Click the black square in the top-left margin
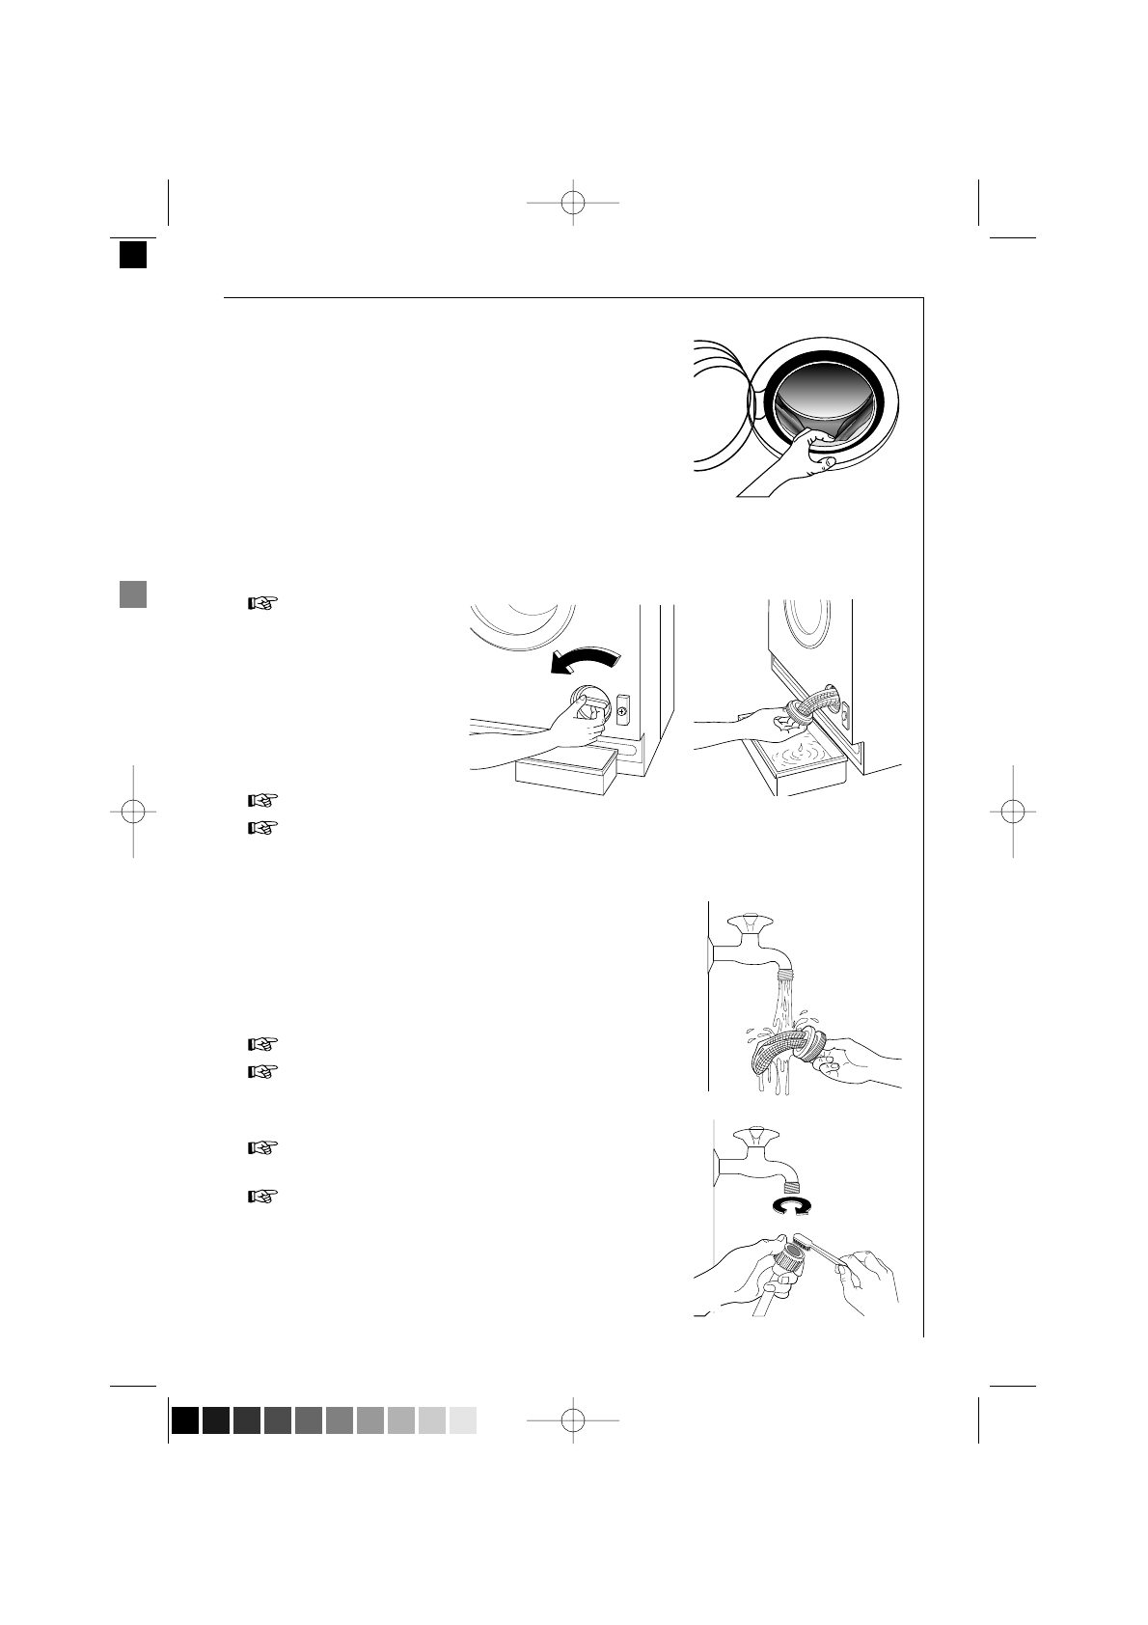[133, 254]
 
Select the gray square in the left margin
[133, 594]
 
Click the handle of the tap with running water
[749, 923]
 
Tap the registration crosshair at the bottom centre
[573, 1419]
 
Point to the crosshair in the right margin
[1012, 812]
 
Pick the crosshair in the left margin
[133, 812]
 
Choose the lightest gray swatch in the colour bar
[463, 1420]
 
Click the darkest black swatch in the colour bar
[185, 1420]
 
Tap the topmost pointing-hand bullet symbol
[262, 604]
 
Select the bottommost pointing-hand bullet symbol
[262, 1197]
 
